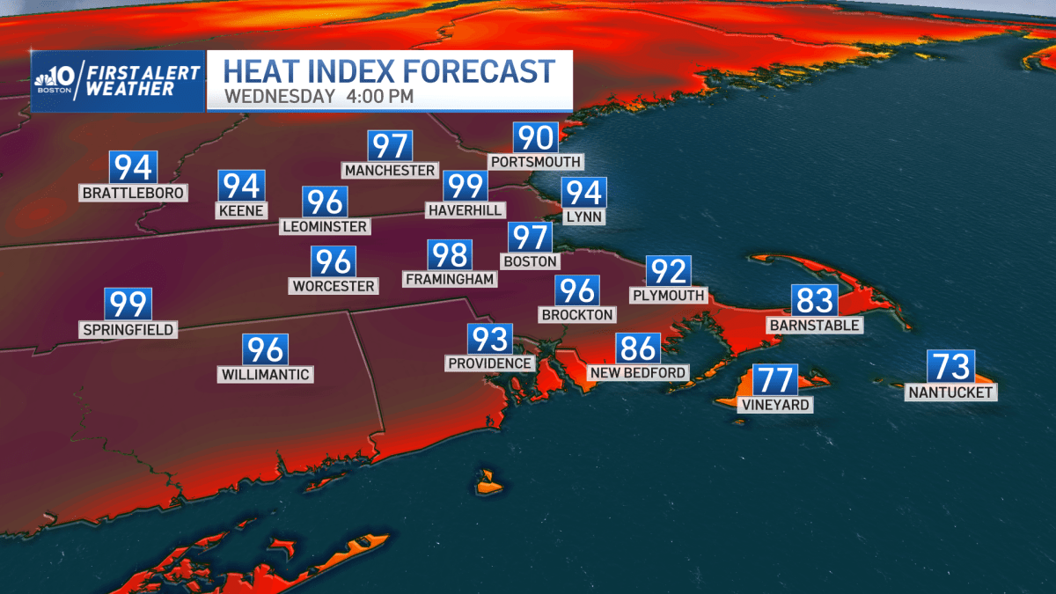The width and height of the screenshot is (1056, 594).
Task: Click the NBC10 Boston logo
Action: pos(59,81)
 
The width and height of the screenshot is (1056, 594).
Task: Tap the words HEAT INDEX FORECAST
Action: pos(390,70)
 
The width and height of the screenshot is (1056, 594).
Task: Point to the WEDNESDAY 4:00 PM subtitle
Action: pos(319,96)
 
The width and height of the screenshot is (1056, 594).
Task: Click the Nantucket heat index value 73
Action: pos(950,366)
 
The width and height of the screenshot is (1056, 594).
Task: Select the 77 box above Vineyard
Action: pos(775,379)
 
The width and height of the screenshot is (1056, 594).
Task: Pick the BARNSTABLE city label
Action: pos(814,325)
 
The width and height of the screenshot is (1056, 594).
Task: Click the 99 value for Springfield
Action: pos(128,304)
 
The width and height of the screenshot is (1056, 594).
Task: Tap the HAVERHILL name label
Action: pos(465,210)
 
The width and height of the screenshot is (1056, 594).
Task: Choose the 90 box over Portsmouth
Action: pos(536,137)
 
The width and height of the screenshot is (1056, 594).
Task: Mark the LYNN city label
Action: pos(584,216)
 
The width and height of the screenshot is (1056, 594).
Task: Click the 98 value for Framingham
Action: pos(450,255)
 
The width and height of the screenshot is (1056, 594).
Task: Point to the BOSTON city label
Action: pos(529,261)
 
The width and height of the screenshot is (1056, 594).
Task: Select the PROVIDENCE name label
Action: pos(490,363)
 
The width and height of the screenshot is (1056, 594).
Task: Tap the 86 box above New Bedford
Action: pos(638,348)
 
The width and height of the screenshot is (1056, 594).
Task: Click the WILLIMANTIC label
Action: pos(266,375)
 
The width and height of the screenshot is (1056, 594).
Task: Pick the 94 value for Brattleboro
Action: pos(132,167)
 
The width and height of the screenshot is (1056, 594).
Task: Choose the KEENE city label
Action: pos(241,210)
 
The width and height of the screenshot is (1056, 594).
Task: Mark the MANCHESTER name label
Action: pos(390,170)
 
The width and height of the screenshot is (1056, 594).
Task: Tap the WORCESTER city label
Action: pos(334,286)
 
